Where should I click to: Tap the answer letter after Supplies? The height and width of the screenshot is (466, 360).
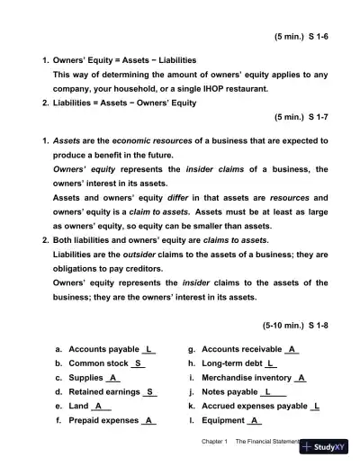[x=113, y=378]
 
